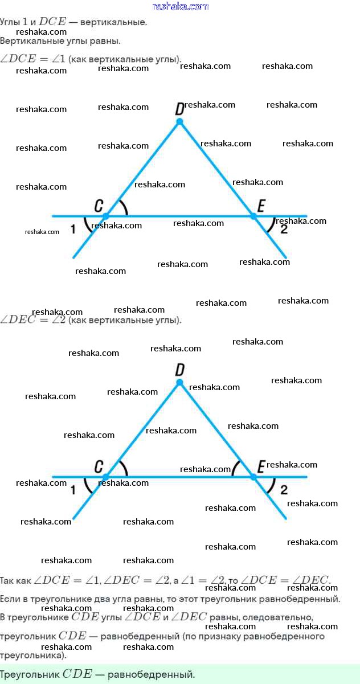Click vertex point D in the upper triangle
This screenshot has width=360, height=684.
[179, 121]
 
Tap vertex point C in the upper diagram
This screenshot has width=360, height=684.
[105, 216]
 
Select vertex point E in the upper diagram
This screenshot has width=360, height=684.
[254, 216]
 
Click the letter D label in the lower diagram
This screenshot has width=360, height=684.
[179, 370]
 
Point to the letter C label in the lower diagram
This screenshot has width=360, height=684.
[99, 467]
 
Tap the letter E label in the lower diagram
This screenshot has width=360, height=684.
[261, 467]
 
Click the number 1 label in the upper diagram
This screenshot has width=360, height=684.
[72, 229]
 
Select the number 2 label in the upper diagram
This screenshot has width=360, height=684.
[284, 229]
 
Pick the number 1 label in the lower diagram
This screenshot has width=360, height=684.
[72, 490]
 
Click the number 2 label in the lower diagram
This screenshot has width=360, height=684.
[284, 489]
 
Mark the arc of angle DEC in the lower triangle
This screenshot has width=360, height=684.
[235, 468]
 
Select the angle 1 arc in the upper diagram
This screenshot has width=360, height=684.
[87, 225]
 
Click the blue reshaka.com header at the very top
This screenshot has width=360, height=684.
[181, 6]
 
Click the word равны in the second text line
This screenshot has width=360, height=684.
[106, 41]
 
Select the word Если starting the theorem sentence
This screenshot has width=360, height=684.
[11, 599]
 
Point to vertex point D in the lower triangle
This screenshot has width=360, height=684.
[179, 383]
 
